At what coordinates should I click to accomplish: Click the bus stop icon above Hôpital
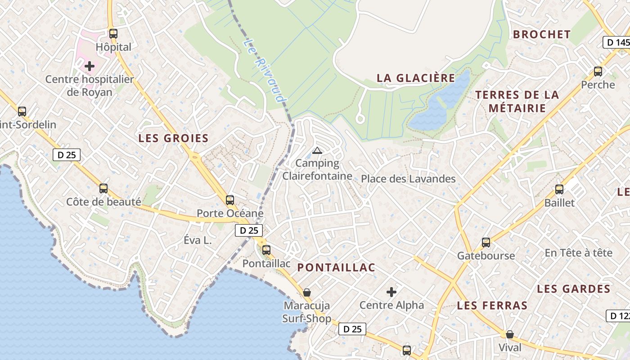(113, 33)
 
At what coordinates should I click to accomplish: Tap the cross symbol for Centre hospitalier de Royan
(90, 66)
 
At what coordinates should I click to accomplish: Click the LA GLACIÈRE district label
(416, 78)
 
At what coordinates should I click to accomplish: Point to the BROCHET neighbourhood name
(542, 34)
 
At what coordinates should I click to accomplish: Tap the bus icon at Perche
(598, 71)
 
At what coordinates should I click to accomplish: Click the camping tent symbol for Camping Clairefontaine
(317, 150)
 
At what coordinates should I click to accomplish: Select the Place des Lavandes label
(408, 179)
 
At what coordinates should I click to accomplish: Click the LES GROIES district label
(173, 138)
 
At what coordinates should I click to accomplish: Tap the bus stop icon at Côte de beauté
(103, 189)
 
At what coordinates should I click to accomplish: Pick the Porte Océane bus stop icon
(230, 200)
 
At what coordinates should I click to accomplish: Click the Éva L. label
(198, 240)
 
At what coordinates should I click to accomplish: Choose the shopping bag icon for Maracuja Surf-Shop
(307, 292)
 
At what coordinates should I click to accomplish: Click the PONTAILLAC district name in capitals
(336, 267)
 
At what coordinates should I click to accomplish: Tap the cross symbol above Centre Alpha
(391, 292)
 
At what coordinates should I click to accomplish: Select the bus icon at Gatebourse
(486, 243)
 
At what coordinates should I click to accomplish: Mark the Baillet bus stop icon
(559, 189)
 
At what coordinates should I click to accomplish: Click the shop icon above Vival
(510, 334)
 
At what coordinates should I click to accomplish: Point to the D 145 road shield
(616, 42)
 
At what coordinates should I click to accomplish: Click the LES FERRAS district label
(492, 306)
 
